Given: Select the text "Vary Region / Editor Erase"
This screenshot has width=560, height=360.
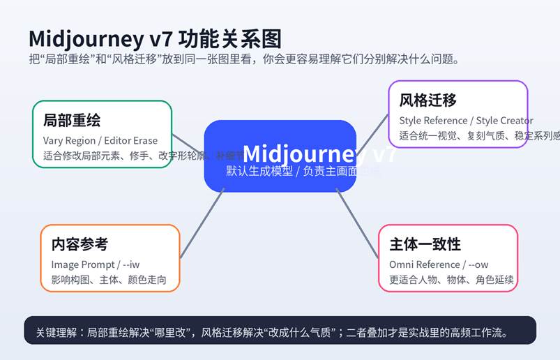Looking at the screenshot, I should point(100,140).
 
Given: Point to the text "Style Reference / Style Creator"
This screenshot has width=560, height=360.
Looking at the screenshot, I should point(466,121).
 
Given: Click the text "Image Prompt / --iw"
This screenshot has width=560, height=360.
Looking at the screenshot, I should point(95,264).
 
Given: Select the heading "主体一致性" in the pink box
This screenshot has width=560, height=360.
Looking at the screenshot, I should point(425,244).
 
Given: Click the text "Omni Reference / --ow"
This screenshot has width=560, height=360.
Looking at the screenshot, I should point(439,264).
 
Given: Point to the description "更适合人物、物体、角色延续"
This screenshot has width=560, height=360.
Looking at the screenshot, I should point(451,280).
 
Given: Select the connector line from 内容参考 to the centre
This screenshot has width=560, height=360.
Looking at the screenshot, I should point(202,224).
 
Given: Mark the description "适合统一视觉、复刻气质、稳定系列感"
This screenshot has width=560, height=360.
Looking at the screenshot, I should point(478,136).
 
